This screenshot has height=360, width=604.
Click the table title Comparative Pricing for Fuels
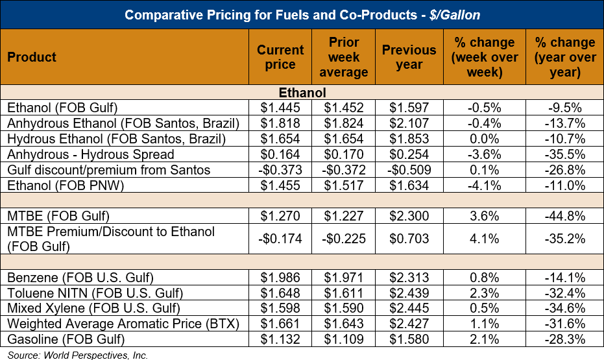[302, 14]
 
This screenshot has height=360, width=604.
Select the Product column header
[32, 57]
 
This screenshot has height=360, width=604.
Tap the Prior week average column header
[344, 57]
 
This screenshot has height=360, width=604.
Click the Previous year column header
[409, 57]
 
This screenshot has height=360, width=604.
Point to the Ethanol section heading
[302, 93]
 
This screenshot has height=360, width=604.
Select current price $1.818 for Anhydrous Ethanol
[280, 123]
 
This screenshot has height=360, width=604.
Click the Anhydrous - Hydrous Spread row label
[91, 154]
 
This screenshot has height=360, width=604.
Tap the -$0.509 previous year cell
[409, 170]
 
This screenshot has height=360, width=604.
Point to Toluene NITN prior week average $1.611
[344, 293]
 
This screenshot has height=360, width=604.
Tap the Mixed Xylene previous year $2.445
[409, 309]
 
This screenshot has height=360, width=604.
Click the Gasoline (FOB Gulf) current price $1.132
[280, 340]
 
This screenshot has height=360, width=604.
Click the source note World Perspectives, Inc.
[78, 355]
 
